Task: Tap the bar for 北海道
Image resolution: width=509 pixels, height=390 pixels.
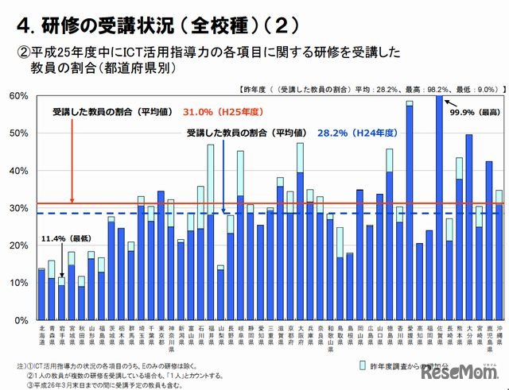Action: click(x=41, y=295)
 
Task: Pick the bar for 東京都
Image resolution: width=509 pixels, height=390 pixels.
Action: click(x=161, y=255)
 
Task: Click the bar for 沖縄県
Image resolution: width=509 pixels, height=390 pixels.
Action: click(x=499, y=255)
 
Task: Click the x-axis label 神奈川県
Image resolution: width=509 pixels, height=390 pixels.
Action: click(x=171, y=338)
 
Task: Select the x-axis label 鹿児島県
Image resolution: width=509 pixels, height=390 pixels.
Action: click(x=489, y=338)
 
